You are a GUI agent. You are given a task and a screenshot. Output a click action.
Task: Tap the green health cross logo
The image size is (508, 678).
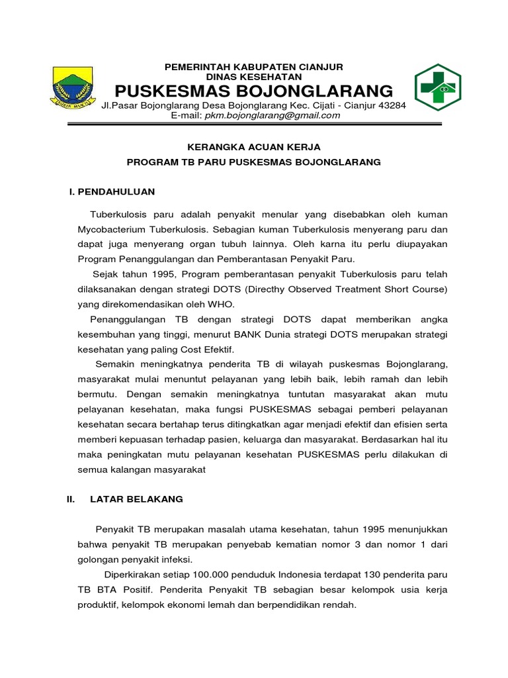(x=437, y=87)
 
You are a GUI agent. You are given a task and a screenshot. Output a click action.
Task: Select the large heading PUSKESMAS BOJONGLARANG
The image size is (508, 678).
(x=255, y=91)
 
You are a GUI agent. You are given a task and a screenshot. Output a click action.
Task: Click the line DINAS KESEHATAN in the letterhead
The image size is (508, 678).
(x=254, y=77)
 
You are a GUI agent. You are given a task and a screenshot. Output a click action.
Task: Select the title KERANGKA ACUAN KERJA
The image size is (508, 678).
(x=254, y=147)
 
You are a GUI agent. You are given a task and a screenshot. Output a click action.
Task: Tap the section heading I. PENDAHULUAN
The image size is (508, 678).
(x=112, y=191)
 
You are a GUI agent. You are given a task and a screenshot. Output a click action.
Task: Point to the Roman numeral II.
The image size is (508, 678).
(x=71, y=499)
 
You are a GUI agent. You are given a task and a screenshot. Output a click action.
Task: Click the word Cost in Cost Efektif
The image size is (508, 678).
(x=196, y=349)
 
